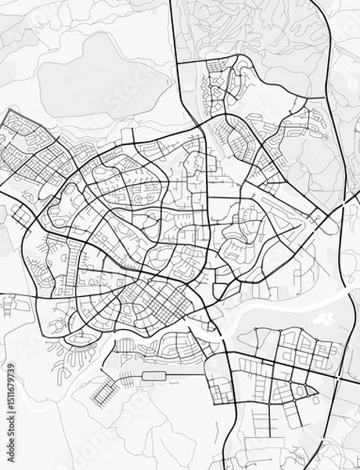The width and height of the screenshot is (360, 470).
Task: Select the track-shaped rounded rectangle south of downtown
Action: pyautogui.click(x=155, y=377)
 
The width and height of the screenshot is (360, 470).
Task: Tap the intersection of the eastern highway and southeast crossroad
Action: pyautogui.click(x=337, y=379)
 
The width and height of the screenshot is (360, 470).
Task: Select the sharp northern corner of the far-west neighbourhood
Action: pyautogui.click(x=9, y=111)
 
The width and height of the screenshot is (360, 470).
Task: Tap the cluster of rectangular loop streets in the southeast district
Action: pyautogui.click(x=301, y=345)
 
